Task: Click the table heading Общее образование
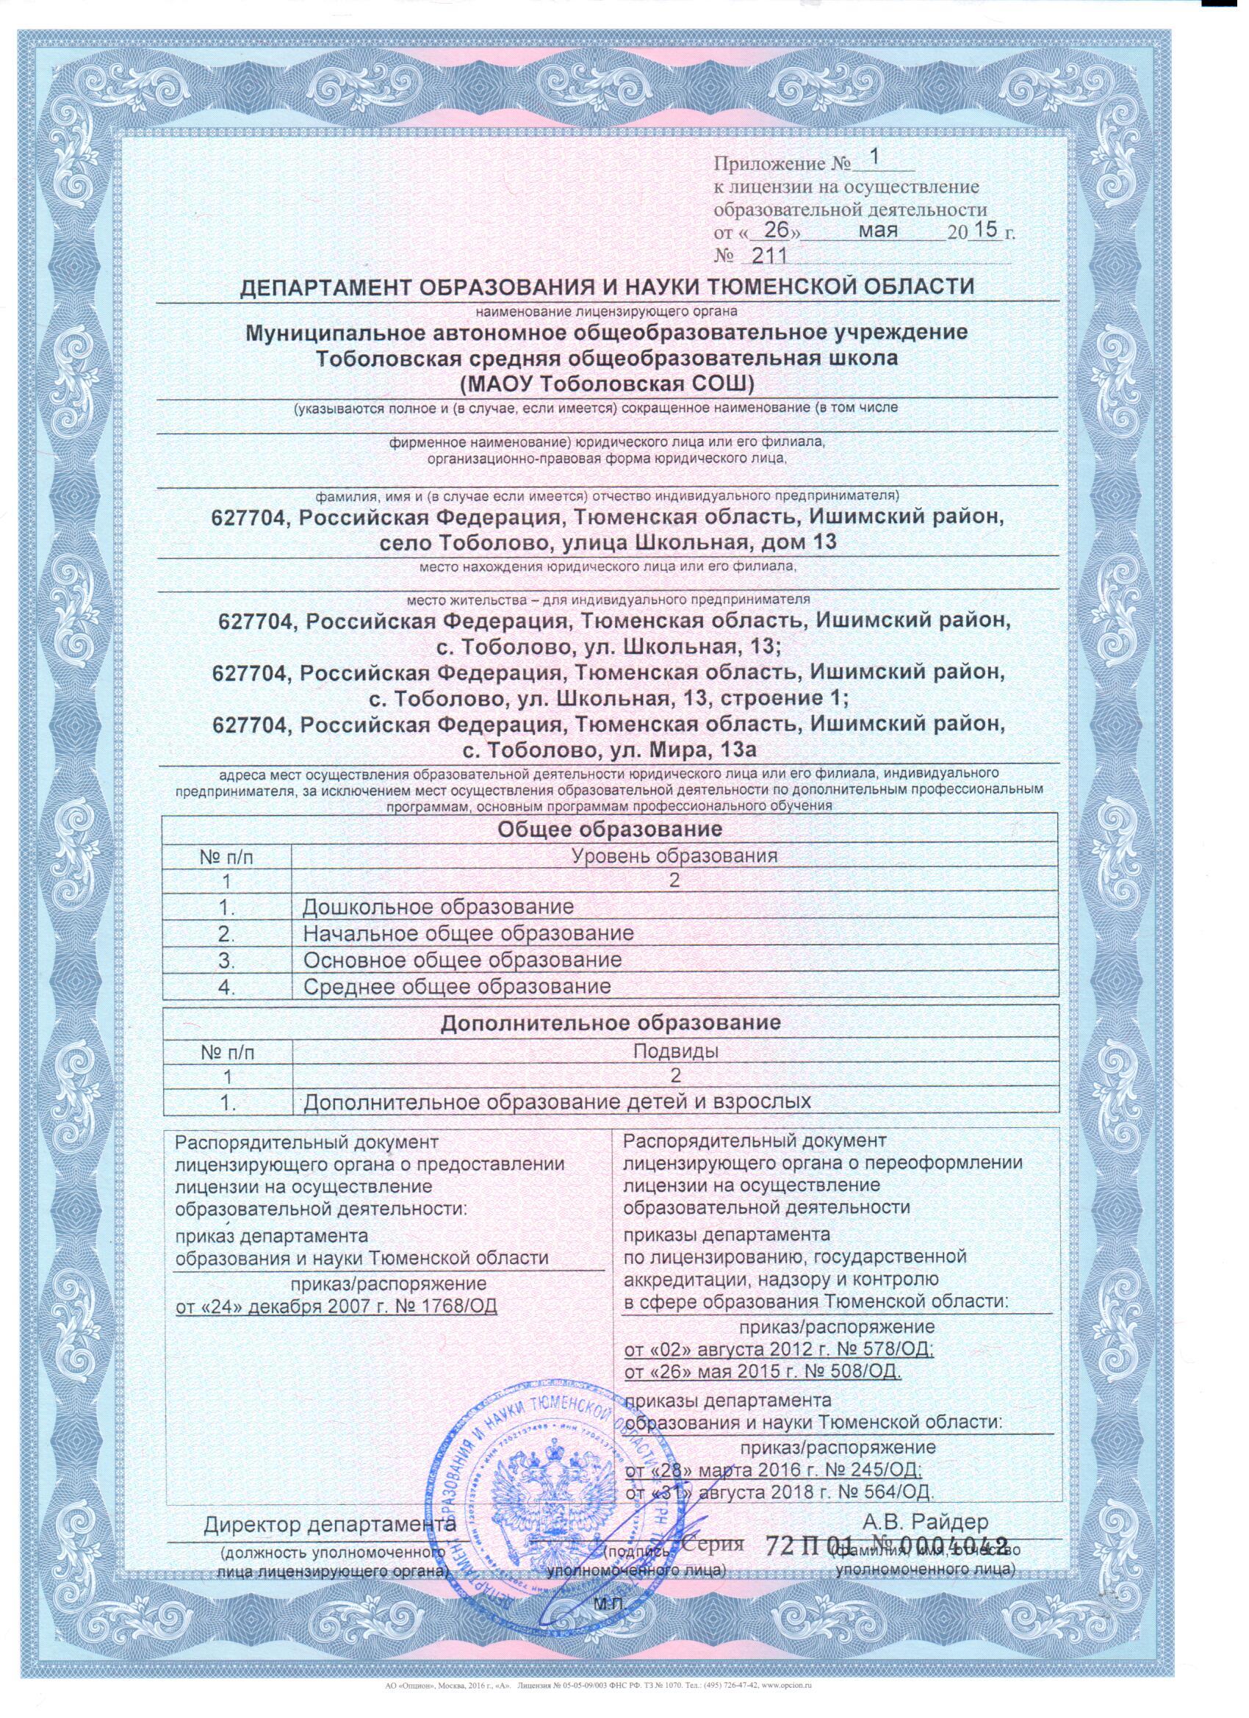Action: [610, 829]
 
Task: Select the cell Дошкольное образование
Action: [438, 907]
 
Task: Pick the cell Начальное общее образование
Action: [467, 933]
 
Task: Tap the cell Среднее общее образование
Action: [456, 986]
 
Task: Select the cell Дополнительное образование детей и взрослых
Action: [557, 1101]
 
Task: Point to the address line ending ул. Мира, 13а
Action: [610, 750]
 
